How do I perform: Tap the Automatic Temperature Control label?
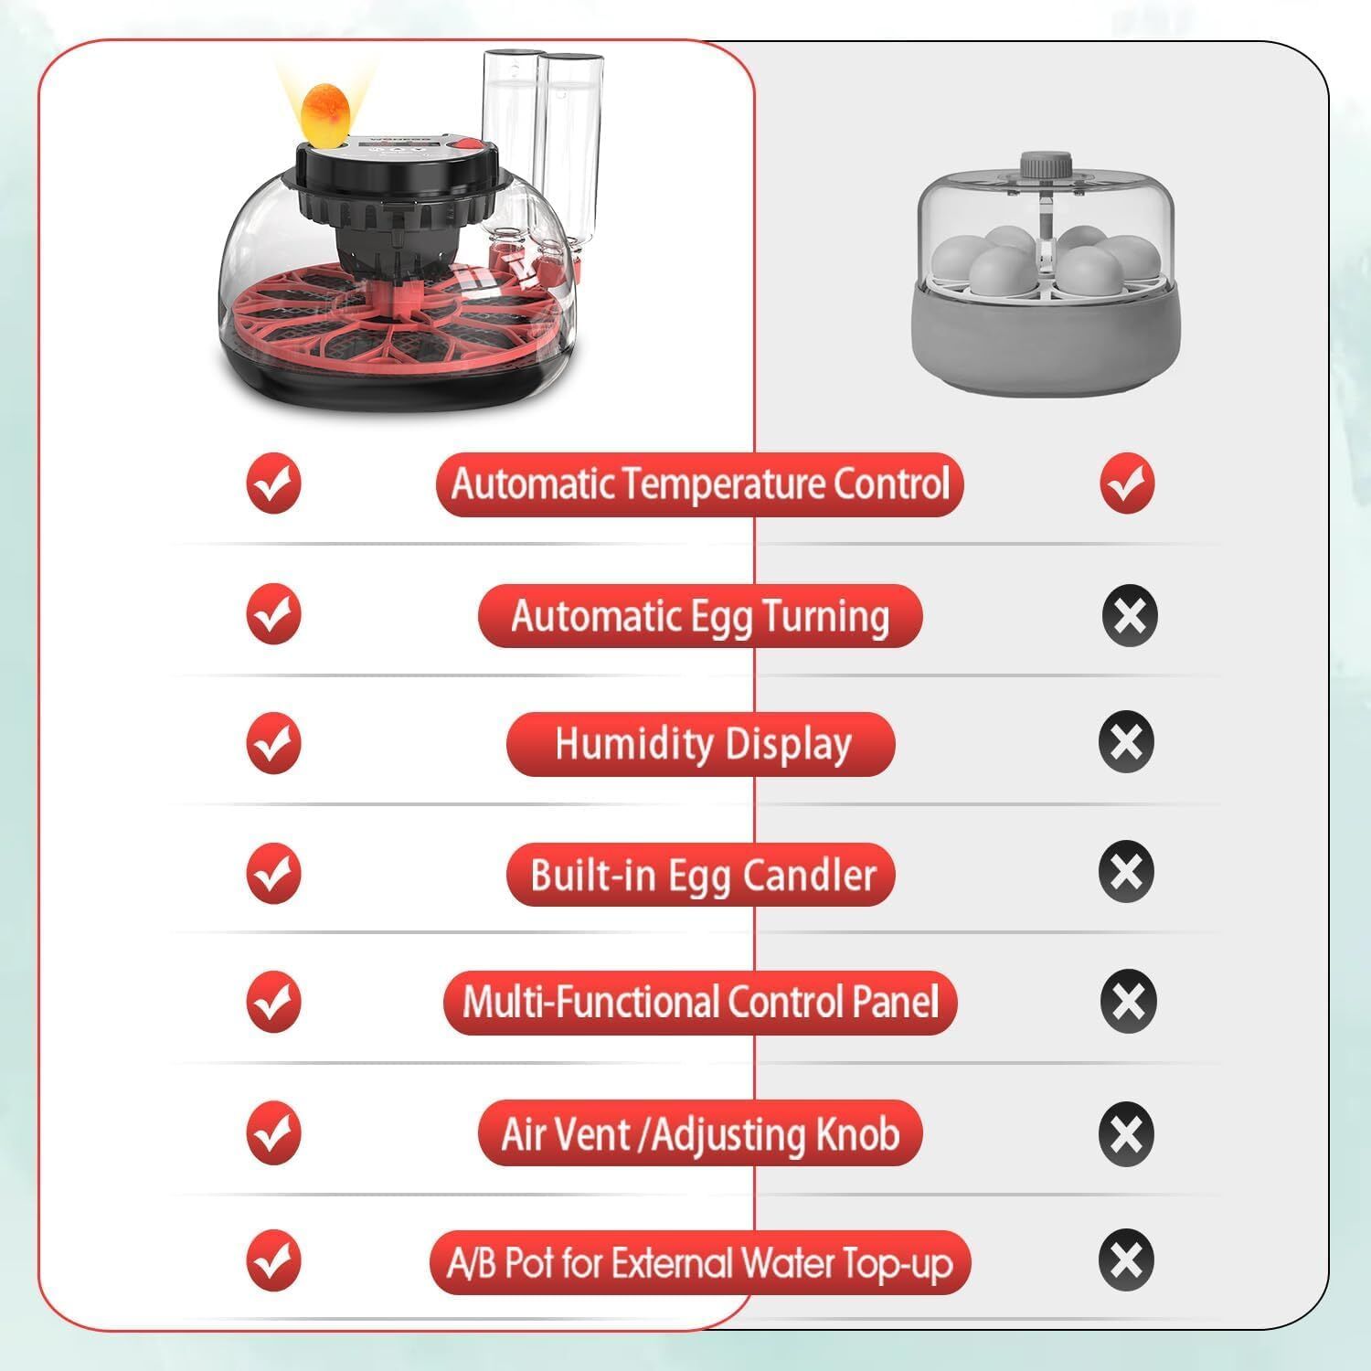tap(700, 484)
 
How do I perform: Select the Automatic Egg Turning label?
tap(700, 616)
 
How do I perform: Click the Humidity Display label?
tap(701, 744)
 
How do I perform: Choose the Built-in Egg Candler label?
tap(701, 875)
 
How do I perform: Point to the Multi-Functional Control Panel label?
tap(700, 1003)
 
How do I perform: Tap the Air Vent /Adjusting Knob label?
tap(700, 1133)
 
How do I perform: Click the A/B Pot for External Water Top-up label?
tap(700, 1263)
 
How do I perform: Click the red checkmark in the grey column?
tap(1127, 483)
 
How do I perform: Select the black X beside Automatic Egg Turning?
tap(1130, 614)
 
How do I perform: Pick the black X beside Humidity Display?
tap(1127, 740)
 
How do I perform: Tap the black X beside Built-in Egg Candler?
tap(1127, 870)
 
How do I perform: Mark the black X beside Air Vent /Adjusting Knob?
tap(1127, 1133)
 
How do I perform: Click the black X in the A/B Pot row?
tap(1127, 1260)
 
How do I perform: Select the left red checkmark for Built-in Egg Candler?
tap(273, 873)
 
